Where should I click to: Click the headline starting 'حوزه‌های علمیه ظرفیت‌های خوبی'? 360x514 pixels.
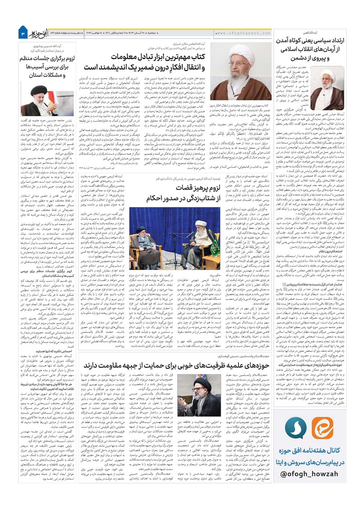[x=176, y=365]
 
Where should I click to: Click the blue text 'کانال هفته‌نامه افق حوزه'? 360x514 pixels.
[x=309, y=450]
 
